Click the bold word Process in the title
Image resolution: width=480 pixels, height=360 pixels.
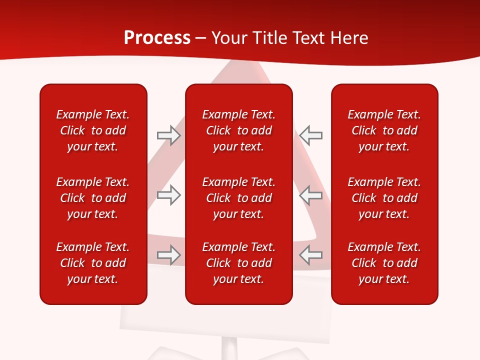point(157,38)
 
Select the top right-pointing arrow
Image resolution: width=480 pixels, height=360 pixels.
point(168,135)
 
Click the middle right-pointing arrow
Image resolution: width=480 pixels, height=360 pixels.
point(168,195)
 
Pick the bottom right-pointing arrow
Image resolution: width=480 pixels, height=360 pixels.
point(168,255)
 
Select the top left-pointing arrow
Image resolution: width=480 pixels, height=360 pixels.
point(311,135)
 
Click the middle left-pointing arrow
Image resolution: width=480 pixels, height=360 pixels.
point(311,195)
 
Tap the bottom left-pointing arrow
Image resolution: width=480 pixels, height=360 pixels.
point(311,255)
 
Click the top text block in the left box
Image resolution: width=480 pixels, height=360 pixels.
point(93,130)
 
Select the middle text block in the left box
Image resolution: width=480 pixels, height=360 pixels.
point(93,198)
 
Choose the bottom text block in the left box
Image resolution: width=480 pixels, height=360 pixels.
point(93,263)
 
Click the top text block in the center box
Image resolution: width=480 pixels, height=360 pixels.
point(238,130)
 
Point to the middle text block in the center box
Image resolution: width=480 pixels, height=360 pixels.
point(238,198)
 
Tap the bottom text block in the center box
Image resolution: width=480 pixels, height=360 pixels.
point(238,263)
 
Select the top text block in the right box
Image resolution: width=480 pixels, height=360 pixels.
point(384,130)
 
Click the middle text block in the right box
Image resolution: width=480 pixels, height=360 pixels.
point(384,198)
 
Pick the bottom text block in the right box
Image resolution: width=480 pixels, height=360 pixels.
point(384,263)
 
